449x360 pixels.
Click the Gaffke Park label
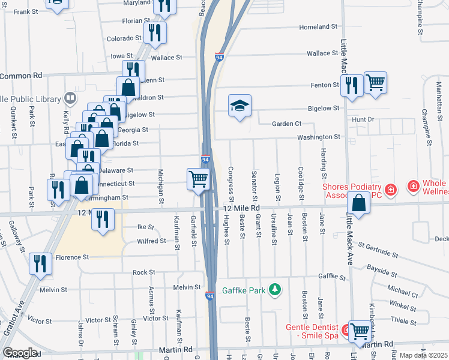pos(244,291)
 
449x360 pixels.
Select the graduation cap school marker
pos(240,106)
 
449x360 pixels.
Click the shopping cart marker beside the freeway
pos(198,178)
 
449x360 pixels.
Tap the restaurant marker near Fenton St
pos(352,85)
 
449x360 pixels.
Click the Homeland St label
pos(318,27)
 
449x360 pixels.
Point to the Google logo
pos(20,352)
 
